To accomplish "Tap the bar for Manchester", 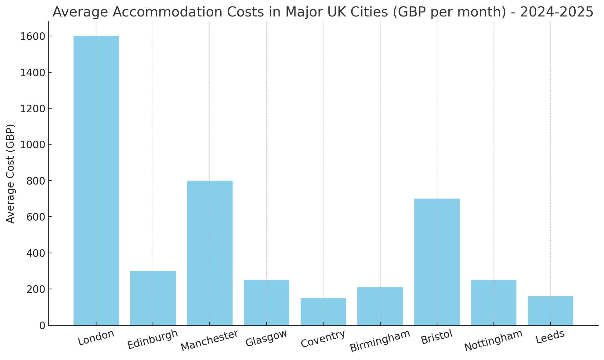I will (x=210, y=253).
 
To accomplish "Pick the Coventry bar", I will (x=323, y=311).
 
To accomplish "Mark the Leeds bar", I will (x=550, y=311).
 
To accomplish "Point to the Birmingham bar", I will (x=380, y=306).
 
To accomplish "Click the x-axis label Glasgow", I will (x=266, y=338).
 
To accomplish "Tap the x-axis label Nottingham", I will (x=494, y=340).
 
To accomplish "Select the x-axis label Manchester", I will (x=209, y=340).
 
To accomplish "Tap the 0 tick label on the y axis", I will (x=42, y=326).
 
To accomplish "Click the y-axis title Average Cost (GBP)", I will (x=10, y=174).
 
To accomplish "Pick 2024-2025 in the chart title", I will (x=556, y=12).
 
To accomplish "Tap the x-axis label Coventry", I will (x=323, y=339).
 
